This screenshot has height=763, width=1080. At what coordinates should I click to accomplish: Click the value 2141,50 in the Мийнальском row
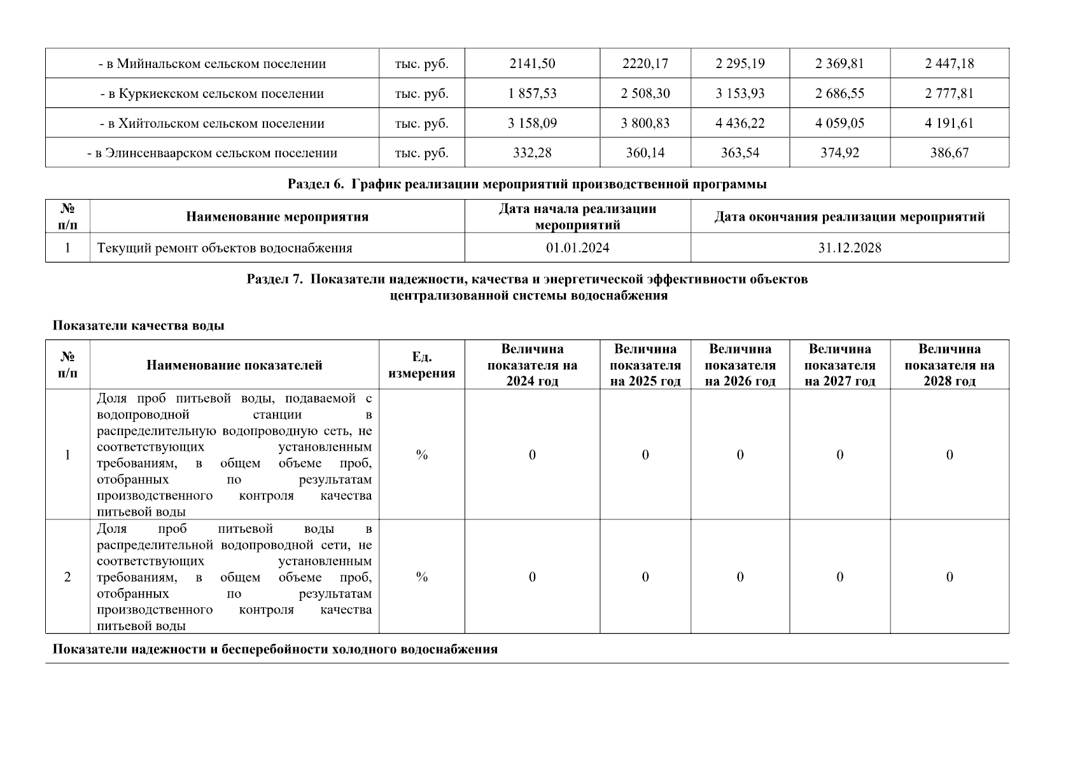click(x=532, y=64)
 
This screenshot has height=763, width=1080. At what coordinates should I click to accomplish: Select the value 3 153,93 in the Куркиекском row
click(x=740, y=93)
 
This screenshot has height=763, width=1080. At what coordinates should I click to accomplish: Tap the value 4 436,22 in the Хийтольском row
click(x=740, y=123)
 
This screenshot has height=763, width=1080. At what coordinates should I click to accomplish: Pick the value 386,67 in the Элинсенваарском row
click(x=949, y=153)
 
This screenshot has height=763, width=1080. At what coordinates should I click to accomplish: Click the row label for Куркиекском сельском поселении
click(x=212, y=93)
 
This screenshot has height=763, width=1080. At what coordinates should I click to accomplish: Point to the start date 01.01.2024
click(x=577, y=248)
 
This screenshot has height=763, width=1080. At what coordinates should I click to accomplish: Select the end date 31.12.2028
click(x=850, y=248)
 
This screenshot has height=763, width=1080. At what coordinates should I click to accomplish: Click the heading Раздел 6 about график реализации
click(x=527, y=184)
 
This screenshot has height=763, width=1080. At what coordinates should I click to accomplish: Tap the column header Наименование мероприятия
click(x=277, y=217)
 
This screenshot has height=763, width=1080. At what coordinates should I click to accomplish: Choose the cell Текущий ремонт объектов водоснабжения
click(x=225, y=248)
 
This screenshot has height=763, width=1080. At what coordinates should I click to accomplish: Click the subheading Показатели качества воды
click(x=138, y=326)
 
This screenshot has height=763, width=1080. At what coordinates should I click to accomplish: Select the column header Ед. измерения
click(x=421, y=365)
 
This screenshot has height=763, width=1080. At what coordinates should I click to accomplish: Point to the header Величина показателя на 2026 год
click(x=740, y=365)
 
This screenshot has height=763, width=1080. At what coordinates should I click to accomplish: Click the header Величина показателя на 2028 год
click(x=949, y=365)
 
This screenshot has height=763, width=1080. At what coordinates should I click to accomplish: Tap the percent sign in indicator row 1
click(x=421, y=455)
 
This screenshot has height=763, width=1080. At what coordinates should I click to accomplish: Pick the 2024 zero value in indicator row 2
click(x=532, y=577)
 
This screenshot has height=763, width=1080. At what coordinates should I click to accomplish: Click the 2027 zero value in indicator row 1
click(x=839, y=455)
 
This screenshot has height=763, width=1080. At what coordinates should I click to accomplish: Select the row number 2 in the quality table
click(x=67, y=577)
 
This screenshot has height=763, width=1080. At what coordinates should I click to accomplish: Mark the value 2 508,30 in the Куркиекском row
click(x=645, y=93)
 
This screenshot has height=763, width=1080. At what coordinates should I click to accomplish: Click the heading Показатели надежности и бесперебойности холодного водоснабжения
click(x=275, y=650)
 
